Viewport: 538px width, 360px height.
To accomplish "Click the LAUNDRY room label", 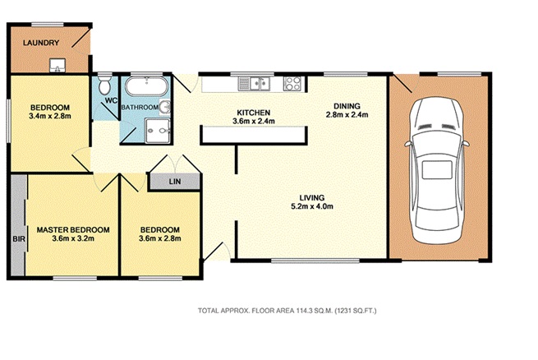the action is [x=41, y=43].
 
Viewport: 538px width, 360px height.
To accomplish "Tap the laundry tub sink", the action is [x=57, y=66].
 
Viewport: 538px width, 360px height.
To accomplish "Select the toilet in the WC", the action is [x=103, y=85].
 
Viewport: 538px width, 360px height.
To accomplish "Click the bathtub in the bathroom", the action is [x=146, y=86].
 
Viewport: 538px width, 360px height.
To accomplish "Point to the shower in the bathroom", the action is [x=158, y=131].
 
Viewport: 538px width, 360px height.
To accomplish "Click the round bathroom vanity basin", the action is [x=165, y=107].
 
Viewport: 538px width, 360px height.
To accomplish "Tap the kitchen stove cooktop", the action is [x=292, y=83].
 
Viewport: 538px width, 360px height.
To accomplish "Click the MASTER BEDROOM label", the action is [x=73, y=229].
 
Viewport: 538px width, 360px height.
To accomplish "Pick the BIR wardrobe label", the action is [x=19, y=238].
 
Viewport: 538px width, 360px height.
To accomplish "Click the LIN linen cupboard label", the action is [x=175, y=181].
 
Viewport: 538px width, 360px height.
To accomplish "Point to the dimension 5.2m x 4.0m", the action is [x=312, y=206].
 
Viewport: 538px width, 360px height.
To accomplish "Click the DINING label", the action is [x=347, y=106].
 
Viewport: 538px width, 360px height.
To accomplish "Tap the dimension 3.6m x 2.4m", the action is [x=254, y=121].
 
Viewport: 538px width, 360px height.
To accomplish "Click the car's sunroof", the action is [x=437, y=170].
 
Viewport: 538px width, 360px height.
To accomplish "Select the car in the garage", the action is [x=437, y=170].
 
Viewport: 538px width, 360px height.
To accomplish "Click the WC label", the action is [x=111, y=100].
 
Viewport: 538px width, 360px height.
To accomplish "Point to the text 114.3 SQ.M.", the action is [x=315, y=311].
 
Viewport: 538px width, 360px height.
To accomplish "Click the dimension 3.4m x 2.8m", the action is [x=50, y=116].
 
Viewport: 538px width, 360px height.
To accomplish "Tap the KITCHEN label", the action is [x=254, y=113].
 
